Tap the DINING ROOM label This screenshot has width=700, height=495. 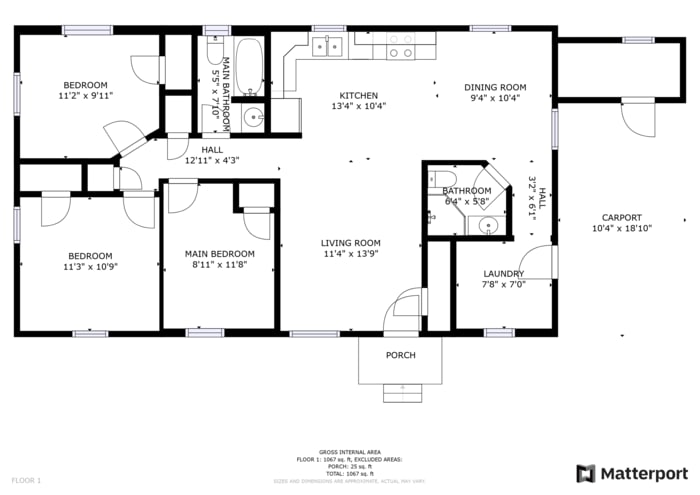coord(497,87)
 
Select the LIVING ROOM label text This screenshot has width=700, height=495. coord(351,243)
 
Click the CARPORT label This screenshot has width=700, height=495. coord(621,218)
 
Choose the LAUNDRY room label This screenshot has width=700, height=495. coord(504,273)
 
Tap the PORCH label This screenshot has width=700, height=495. coord(400,355)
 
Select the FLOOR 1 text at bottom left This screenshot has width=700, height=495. coord(26,481)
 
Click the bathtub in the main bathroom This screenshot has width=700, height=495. coord(249,67)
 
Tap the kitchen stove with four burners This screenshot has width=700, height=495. coord(401,45)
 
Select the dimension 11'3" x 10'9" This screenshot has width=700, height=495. coord(90,267)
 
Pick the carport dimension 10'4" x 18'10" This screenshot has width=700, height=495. coord(621,229)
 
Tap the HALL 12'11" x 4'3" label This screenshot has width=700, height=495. coord(211,154)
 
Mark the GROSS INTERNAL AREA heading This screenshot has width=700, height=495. coord(349,452)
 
